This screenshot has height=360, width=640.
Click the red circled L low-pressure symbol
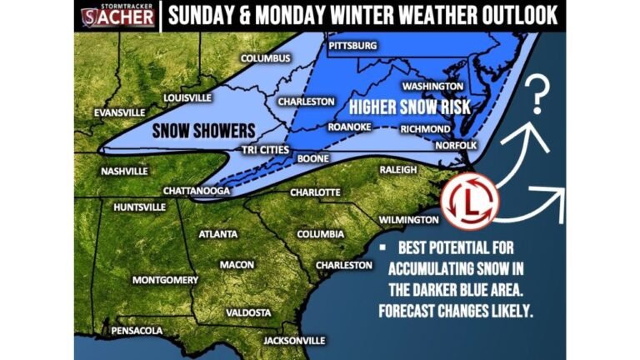(469, 203)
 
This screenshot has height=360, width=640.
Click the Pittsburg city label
(353, 44)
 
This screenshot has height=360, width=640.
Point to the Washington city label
(432, 86)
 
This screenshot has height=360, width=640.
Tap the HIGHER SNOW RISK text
(409, 107)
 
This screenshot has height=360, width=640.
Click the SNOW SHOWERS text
(191, 131)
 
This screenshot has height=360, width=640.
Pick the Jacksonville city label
(293, 341)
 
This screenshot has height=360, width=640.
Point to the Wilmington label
(407, 220)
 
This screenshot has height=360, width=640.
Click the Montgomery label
(165, 279)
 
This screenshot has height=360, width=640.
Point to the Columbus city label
(266, 58)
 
